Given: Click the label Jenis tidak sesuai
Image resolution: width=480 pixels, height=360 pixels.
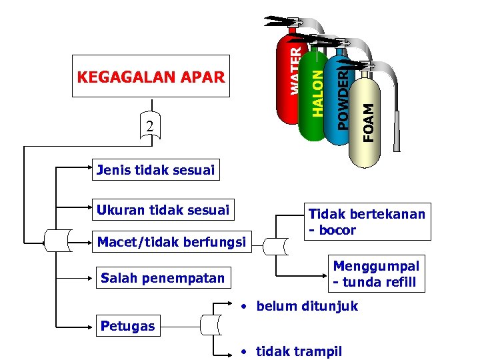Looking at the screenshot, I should pyautogui.click(x=155, y=170).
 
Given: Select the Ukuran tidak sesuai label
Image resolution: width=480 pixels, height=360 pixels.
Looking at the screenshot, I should pyautogui.click(x=163, y=211).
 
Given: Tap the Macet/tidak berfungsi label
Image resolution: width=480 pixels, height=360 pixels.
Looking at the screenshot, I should pyautogui.click(x=171, y=241).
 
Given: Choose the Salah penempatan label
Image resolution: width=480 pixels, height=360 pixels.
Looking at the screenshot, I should pyautogui.click(x=162, y=278).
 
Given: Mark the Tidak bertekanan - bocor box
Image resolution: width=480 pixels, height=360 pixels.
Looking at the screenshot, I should pyautogui.click(x=365, y=222).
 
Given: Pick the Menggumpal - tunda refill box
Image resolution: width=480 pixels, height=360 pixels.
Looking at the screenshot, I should pyautogui.click(x=375, y=274).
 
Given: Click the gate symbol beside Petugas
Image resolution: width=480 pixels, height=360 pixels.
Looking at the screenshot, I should pyautogui.click(x=210, y=325).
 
